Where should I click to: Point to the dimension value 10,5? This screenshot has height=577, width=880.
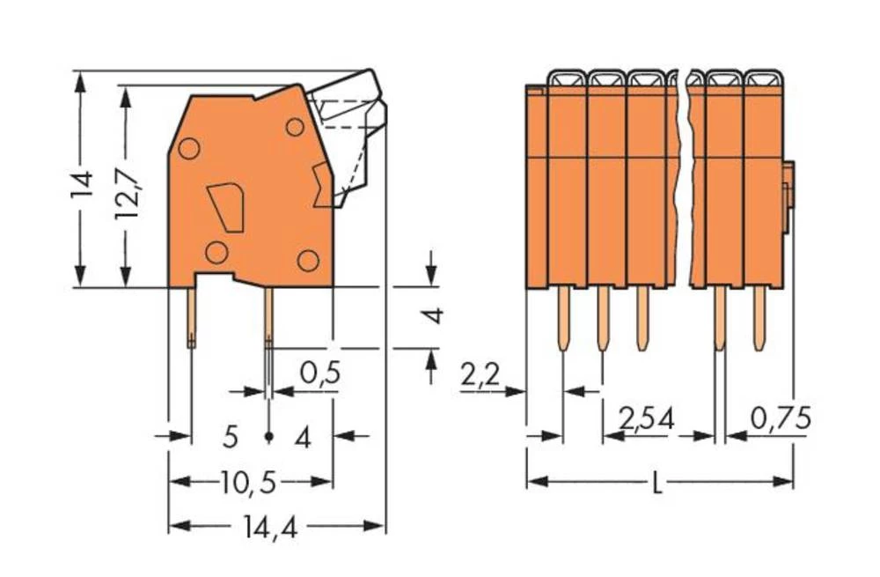pyautogui.click(x=249, y=482)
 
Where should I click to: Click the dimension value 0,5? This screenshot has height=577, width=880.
pyautogui.click(x=320, y=375)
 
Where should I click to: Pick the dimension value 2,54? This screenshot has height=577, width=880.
pyautogui.click(x=646, y=418)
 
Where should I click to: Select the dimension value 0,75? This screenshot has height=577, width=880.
pyautogui.click(x=781, y=418)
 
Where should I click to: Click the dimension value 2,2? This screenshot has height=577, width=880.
pyautogui.click(x=480, y=376)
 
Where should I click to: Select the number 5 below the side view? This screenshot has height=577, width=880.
pyautogui.click(x=231, y=436)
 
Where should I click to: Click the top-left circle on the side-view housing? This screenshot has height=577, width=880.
pyautogui.click(x=188, y=149)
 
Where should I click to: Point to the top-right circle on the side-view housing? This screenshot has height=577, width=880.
pyautogui.click(x=295, y=127)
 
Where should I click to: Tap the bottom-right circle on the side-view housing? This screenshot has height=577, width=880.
pyautogui.click(x=307, y=260)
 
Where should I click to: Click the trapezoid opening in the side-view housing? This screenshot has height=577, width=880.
pyautogui.click(x=226, y=208)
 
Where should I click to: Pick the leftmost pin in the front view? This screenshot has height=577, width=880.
pyautogui.click(x=564, y=319)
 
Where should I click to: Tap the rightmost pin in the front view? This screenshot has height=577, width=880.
pyautogui.click(x=759, y=319)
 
